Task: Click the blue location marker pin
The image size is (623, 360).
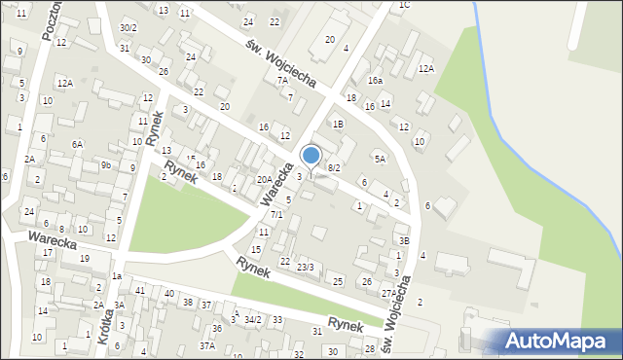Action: [311, 156]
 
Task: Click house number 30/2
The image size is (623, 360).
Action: [128, 27]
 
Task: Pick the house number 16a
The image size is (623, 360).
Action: [375, 81]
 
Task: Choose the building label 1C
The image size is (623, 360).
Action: [404, 5]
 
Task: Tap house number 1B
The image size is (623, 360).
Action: [338, 124]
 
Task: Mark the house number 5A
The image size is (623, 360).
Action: [380, 158]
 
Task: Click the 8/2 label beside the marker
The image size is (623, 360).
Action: [334, 168]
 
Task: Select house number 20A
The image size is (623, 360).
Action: [264, 179]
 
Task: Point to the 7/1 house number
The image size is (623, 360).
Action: [276, 214]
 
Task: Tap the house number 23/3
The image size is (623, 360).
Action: [306, 267]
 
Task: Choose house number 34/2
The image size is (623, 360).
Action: [252, 319]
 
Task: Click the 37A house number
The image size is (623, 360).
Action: [207, 345]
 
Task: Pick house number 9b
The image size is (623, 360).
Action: [105, 165]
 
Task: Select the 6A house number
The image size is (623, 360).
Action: [77, 144]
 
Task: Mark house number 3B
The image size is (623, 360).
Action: [403, 240]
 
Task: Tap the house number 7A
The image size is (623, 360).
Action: [282, 81]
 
